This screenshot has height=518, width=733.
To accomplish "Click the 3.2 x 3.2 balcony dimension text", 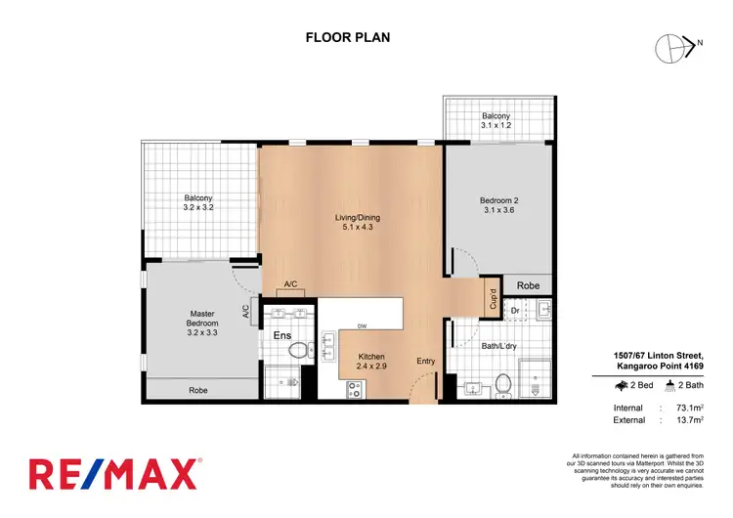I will coord(199,208).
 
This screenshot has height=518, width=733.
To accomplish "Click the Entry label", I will coord(426,361).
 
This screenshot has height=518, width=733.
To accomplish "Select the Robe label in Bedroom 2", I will coord(529,286).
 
